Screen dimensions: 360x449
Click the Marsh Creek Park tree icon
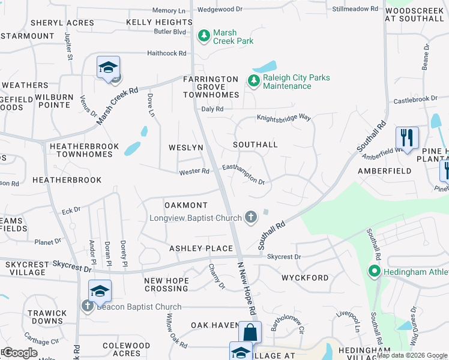click(204, 37)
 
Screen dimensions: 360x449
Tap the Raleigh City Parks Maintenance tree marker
click(253, 81)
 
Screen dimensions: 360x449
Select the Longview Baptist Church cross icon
click(251, 217)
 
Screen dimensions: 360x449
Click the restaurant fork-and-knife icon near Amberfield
click(408, 138)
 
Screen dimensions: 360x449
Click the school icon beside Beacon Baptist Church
click(100, 291)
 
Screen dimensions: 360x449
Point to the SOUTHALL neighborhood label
click(255, 145)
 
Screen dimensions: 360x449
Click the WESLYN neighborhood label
click(185, 147)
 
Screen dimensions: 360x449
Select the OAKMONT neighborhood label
click(185, 205)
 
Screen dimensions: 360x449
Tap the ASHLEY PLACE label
click(200, 248)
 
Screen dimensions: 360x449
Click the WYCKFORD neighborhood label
click(305, 278)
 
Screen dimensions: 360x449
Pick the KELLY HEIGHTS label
click(159, 22)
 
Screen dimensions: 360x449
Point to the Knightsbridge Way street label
click(284, 118)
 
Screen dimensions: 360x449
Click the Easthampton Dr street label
click(243, 174)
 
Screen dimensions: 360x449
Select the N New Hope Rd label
click(246, 289)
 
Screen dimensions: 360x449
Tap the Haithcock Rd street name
click(167, 53)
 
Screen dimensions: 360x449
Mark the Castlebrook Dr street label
click(415, 99)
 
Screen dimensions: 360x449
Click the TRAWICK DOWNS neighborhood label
click(47, 317)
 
